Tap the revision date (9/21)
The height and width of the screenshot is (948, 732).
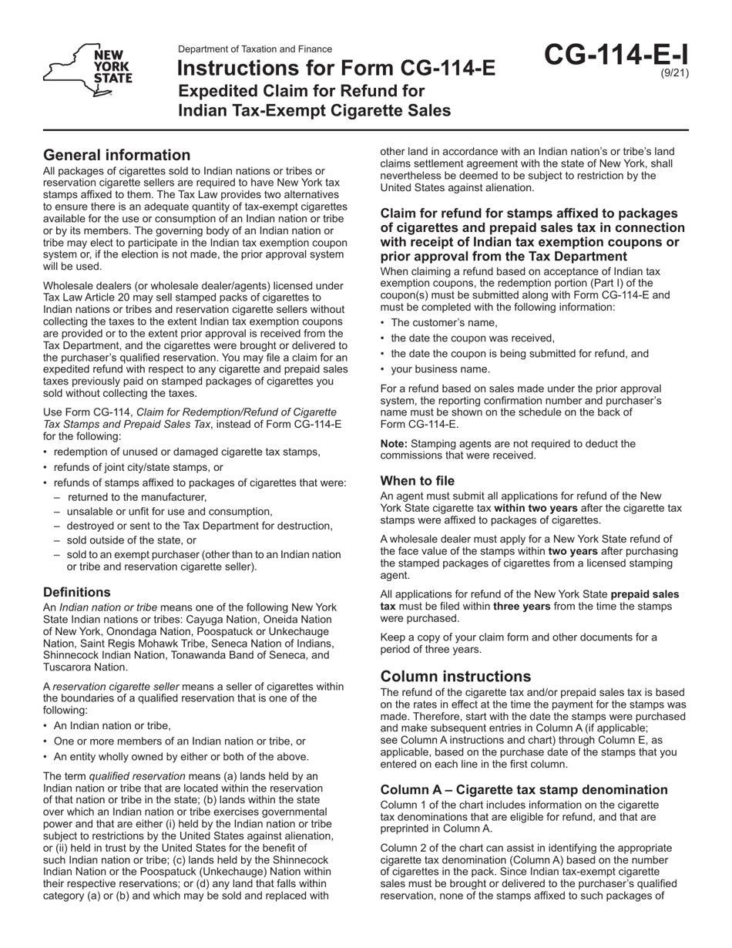pos(674,74)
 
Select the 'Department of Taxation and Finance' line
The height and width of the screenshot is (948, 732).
pos(255,49)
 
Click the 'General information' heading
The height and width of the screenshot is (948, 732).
pos(116,155)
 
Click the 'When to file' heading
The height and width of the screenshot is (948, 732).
pos(417,480)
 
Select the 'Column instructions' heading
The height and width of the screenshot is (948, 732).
pos(455,676)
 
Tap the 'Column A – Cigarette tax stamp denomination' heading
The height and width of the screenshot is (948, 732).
pos(524,789)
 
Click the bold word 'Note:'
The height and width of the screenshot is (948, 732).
pos(395,444)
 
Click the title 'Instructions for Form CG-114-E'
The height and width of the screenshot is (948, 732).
pos(337,69)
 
